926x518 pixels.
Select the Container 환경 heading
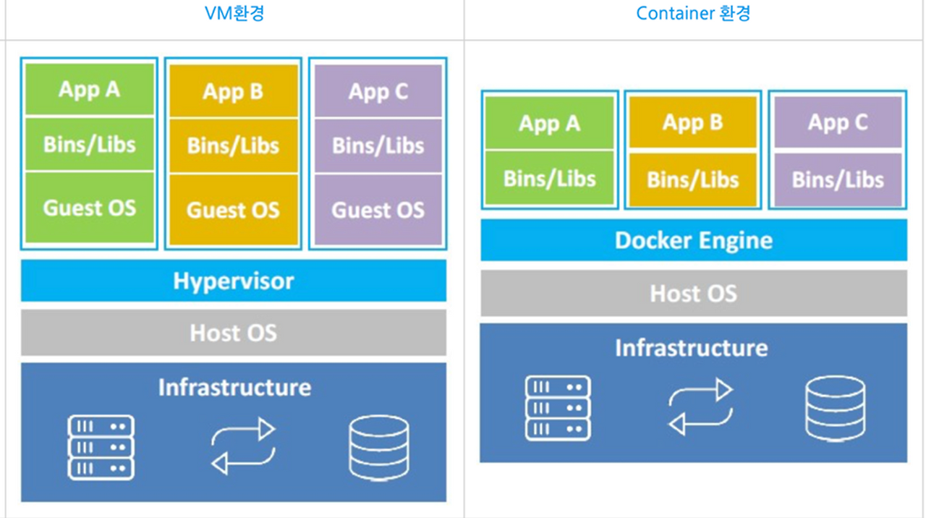693,13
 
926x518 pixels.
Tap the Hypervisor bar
234,281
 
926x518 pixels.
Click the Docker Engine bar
693,240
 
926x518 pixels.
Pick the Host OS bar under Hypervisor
234,333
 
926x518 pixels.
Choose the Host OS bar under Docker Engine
693,294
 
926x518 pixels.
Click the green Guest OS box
90,208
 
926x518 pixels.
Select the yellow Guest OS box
233,210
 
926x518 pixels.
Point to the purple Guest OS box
378,210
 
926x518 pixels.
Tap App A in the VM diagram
90,90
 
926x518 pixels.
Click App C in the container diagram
838,122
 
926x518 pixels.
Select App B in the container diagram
692,122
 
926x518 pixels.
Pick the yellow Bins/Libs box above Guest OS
233,146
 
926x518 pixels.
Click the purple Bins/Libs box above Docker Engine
838,179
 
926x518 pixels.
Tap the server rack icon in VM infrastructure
101,447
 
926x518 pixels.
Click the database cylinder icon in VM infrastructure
378,447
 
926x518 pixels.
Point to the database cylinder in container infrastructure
835,408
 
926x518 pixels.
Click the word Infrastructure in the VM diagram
234,387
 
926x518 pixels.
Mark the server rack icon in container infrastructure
557,408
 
